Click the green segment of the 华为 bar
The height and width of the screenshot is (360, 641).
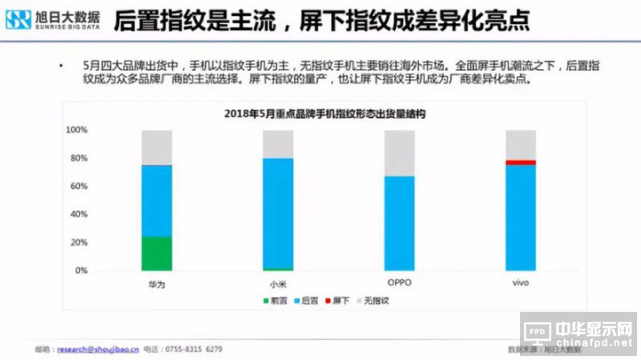click(156, 253)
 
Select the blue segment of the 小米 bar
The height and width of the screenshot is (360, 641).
click(278, 213)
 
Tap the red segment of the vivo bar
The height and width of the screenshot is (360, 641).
click(520, 163)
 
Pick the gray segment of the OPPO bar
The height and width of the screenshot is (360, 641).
click(399, 153)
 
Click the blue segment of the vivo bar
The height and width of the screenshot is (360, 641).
click(520, 217)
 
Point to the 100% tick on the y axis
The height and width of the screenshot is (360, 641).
click(76, 130)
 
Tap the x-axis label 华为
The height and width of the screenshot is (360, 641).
click(156, 285)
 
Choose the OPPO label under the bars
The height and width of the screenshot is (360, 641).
click(399, 285)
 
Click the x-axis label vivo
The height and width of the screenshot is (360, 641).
click(520, 285)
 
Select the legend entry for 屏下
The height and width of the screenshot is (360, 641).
click(337, 301)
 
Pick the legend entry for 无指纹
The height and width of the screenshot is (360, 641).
click(373, 301)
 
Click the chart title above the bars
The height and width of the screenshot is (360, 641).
click(324, 115)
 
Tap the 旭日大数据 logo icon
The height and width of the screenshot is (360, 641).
click(18, 19)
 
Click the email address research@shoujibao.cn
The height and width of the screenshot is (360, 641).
click(96, 350)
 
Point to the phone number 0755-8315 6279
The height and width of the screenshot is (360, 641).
click(193, 350)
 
